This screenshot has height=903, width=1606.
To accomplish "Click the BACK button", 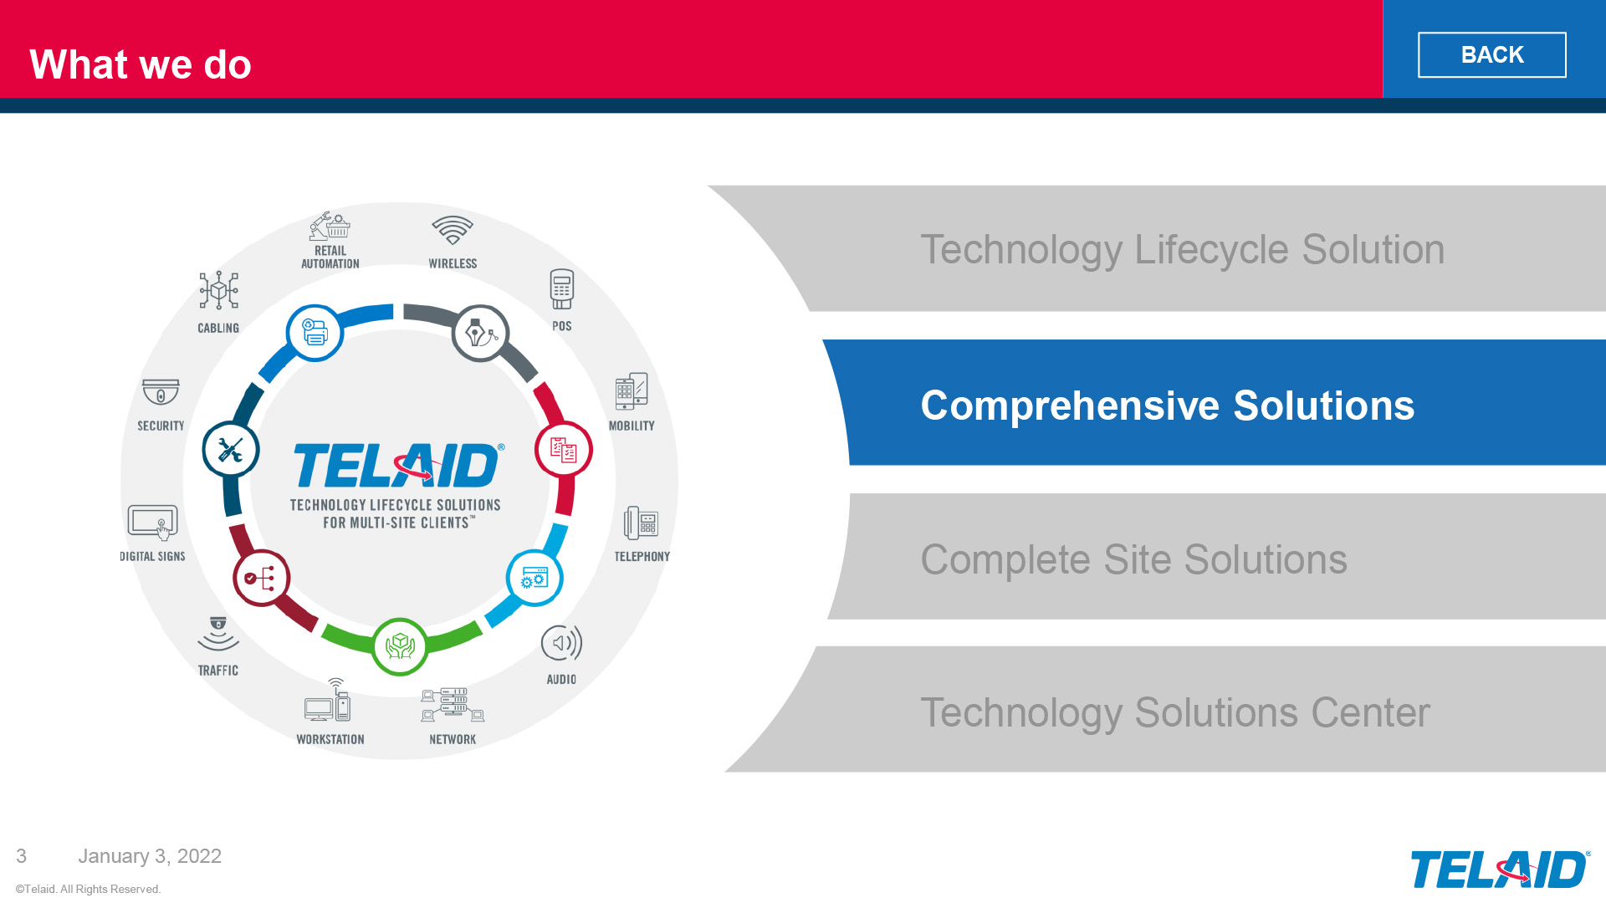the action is click(1491, 55).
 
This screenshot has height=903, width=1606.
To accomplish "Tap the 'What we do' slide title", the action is click(141, 64).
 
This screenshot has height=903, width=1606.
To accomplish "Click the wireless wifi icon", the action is click(453, 230).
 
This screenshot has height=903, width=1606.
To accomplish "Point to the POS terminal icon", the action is click(562, 289).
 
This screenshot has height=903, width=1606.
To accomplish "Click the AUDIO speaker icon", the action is click(561, 643).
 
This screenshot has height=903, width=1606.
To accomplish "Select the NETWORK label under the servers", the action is click(453, 739).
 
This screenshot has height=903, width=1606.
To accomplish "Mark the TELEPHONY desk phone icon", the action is click(642, 523).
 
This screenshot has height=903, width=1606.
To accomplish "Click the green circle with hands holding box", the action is click(400, 646).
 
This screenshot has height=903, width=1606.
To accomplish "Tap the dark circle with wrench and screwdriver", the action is click(231, 450).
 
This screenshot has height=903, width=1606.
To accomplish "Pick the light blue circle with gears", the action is click(534, 578).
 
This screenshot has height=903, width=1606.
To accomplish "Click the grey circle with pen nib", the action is click(481, 333).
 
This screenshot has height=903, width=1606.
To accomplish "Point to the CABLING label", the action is click(218, 328).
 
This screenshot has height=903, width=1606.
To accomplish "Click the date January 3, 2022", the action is click(150, 856).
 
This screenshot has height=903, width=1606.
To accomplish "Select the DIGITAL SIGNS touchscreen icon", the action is click(153, 523).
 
